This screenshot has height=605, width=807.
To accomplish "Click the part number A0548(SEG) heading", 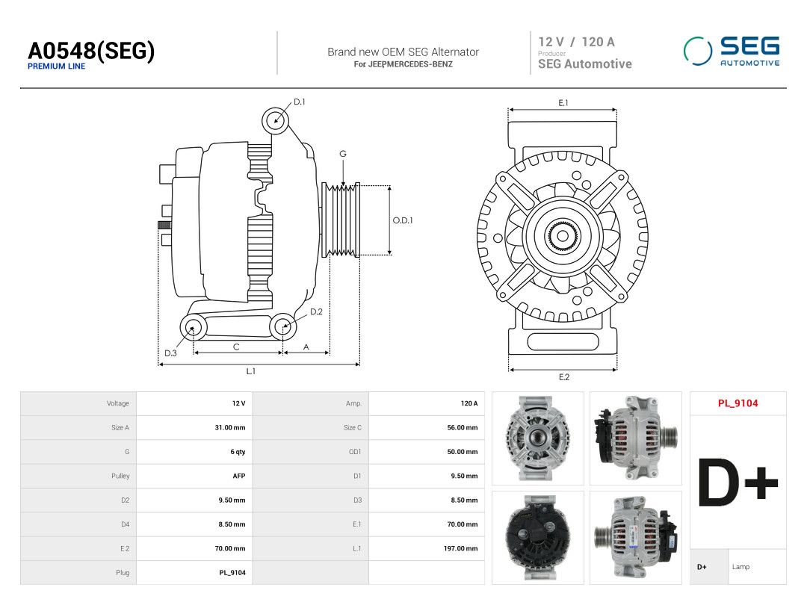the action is click(x=91, y=51).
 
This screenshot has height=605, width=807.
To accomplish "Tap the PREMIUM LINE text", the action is click(x=56, y=66).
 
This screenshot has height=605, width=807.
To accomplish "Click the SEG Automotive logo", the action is click(x=732, y=51).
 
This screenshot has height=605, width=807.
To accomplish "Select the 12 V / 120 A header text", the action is click(x=576, y=42).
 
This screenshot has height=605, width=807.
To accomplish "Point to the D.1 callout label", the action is click(x=299, y=102).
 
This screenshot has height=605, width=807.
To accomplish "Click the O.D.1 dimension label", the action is click(x=403, y=220).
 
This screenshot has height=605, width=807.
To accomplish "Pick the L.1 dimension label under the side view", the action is click(x=250, y=371).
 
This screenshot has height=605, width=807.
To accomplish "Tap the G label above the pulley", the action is click(x=343, y=154).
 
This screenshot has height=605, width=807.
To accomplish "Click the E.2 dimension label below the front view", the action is click(x=564, y=377).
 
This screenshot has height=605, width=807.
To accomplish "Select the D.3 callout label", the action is click(x=170, y=353).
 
